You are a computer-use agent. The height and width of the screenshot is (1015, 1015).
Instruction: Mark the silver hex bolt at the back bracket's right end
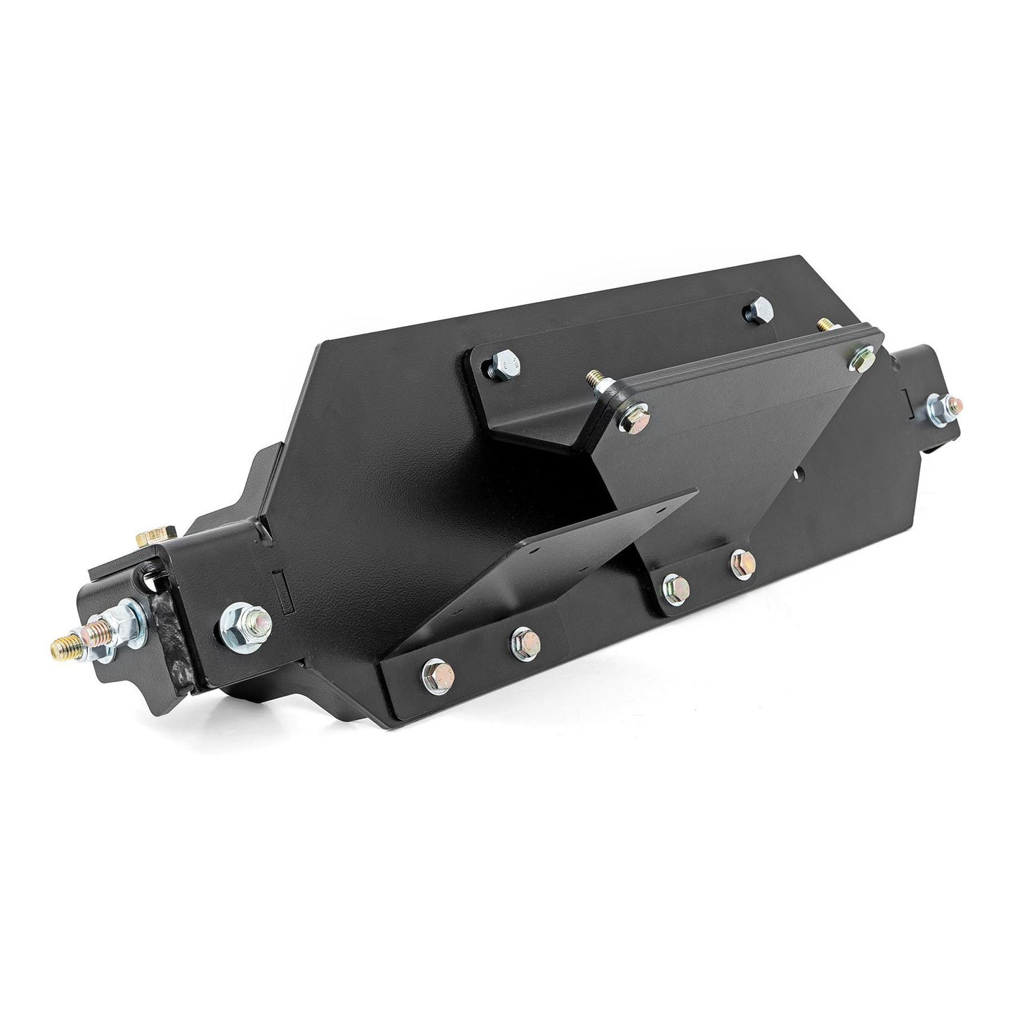759,309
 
